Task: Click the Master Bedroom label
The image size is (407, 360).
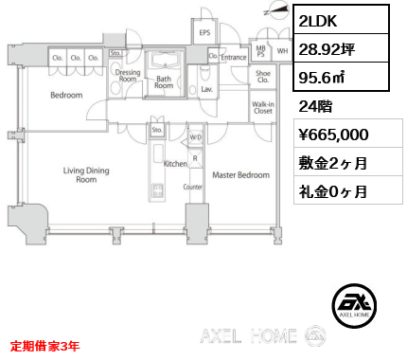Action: click(x=241, y=175)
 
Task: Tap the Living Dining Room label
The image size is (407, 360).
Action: click(x=86, y=175)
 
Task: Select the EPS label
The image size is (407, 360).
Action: click(x=204, y=32)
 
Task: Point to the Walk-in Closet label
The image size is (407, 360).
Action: click(x=263, y=107)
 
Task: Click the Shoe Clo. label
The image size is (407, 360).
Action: click(x=263, y=77)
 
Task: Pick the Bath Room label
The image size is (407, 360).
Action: click(x=164, y=82)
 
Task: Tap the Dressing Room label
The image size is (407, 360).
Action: click(x=128, y=76)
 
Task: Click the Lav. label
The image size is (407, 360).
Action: click(x=206, y=89)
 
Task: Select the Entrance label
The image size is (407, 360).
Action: click(x=234, y=58)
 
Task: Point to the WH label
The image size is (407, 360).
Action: click(x=282, y=51)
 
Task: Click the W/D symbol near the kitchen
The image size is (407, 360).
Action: click(x=195, y=137)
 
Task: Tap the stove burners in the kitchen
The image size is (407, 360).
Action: click(x=157, y=190)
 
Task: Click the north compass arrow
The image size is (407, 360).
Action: click(x=276, y=10)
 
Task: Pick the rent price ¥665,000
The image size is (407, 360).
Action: click(x=333, y=135)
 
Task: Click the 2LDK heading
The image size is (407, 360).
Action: click(x=318, y=21)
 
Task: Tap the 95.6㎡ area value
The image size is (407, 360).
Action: click(x=322, y=78)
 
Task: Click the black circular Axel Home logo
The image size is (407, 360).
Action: click(x=354, y=306)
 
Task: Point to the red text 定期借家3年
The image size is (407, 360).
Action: click(x=44, y=347)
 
